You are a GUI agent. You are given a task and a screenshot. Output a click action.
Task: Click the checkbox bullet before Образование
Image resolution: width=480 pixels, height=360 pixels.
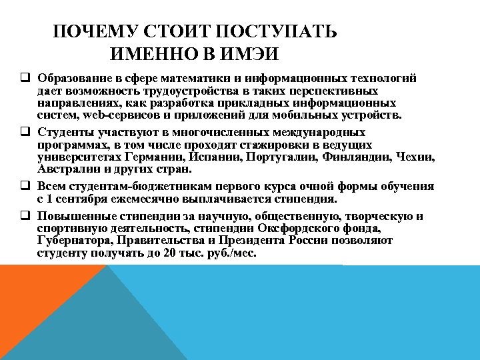pyautogui.click(x=25, y=78)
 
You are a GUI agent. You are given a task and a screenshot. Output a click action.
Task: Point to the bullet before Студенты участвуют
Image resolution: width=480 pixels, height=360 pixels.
pyautogui.click(x=25, y=133)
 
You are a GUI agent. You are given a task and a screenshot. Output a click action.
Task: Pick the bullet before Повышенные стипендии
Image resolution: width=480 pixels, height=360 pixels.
pyautogui.click(x=25, y=216)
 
